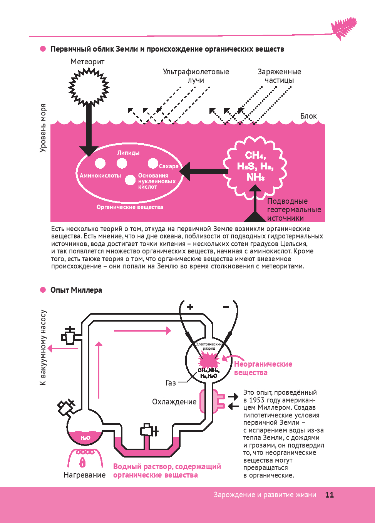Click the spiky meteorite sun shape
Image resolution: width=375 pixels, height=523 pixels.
click(89, 87)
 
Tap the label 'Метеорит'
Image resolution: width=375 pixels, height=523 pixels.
click(87, 62)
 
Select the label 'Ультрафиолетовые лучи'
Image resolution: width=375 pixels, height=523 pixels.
click(196, 76)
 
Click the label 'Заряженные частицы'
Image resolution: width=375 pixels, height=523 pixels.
click(279, 76)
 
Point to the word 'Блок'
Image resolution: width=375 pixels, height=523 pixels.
click(308, 116)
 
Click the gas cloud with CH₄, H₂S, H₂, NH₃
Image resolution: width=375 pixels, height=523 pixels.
click(255, 166)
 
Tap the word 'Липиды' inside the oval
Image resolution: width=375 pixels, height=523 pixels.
click(128, 153)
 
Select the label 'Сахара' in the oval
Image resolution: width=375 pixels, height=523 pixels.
click(169, 166)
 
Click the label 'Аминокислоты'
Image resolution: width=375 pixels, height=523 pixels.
click(100, 176)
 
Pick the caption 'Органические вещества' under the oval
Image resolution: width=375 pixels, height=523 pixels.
click(130, 207)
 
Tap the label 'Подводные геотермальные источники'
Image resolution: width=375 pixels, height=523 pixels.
click(294, 210)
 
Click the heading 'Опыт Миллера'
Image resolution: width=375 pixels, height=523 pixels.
click(76, 290)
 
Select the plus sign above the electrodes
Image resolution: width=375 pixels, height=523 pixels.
click(190, 307)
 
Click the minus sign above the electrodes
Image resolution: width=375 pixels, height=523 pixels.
click(226, 307)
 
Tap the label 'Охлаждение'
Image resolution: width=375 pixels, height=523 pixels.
click(174, 402)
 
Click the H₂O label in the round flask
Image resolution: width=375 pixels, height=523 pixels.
click(85, 438)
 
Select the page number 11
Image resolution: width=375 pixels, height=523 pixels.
click(329, 495)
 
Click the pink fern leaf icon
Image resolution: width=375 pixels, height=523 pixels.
click(343, 28)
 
